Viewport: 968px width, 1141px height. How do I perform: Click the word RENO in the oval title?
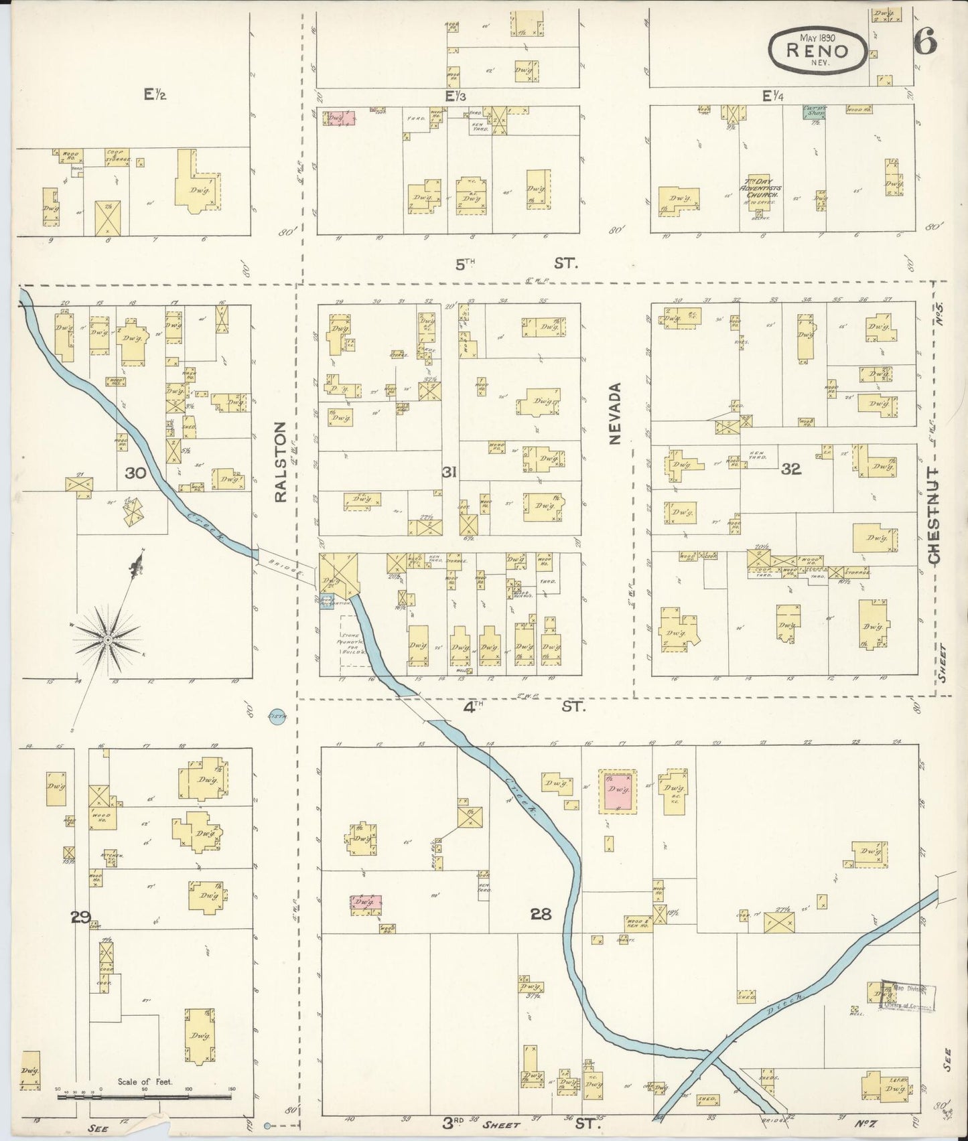click(817, 50)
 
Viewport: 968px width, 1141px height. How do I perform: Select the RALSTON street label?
click(280, 461)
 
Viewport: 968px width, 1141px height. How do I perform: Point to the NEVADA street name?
click(615, 413)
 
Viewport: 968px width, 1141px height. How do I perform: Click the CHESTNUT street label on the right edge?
click(934, 515)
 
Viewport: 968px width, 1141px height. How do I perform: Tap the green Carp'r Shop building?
click(814, 112)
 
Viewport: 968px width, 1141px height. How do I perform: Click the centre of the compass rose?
click(107, 640)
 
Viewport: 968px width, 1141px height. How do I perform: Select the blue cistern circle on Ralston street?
click(277, 716)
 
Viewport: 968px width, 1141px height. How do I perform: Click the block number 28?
click(541, 913)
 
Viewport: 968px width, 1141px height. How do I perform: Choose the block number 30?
click(135, 473)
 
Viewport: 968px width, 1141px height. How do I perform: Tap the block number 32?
click(791, 469)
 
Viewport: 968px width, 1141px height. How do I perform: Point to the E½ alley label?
click(155, 95)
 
